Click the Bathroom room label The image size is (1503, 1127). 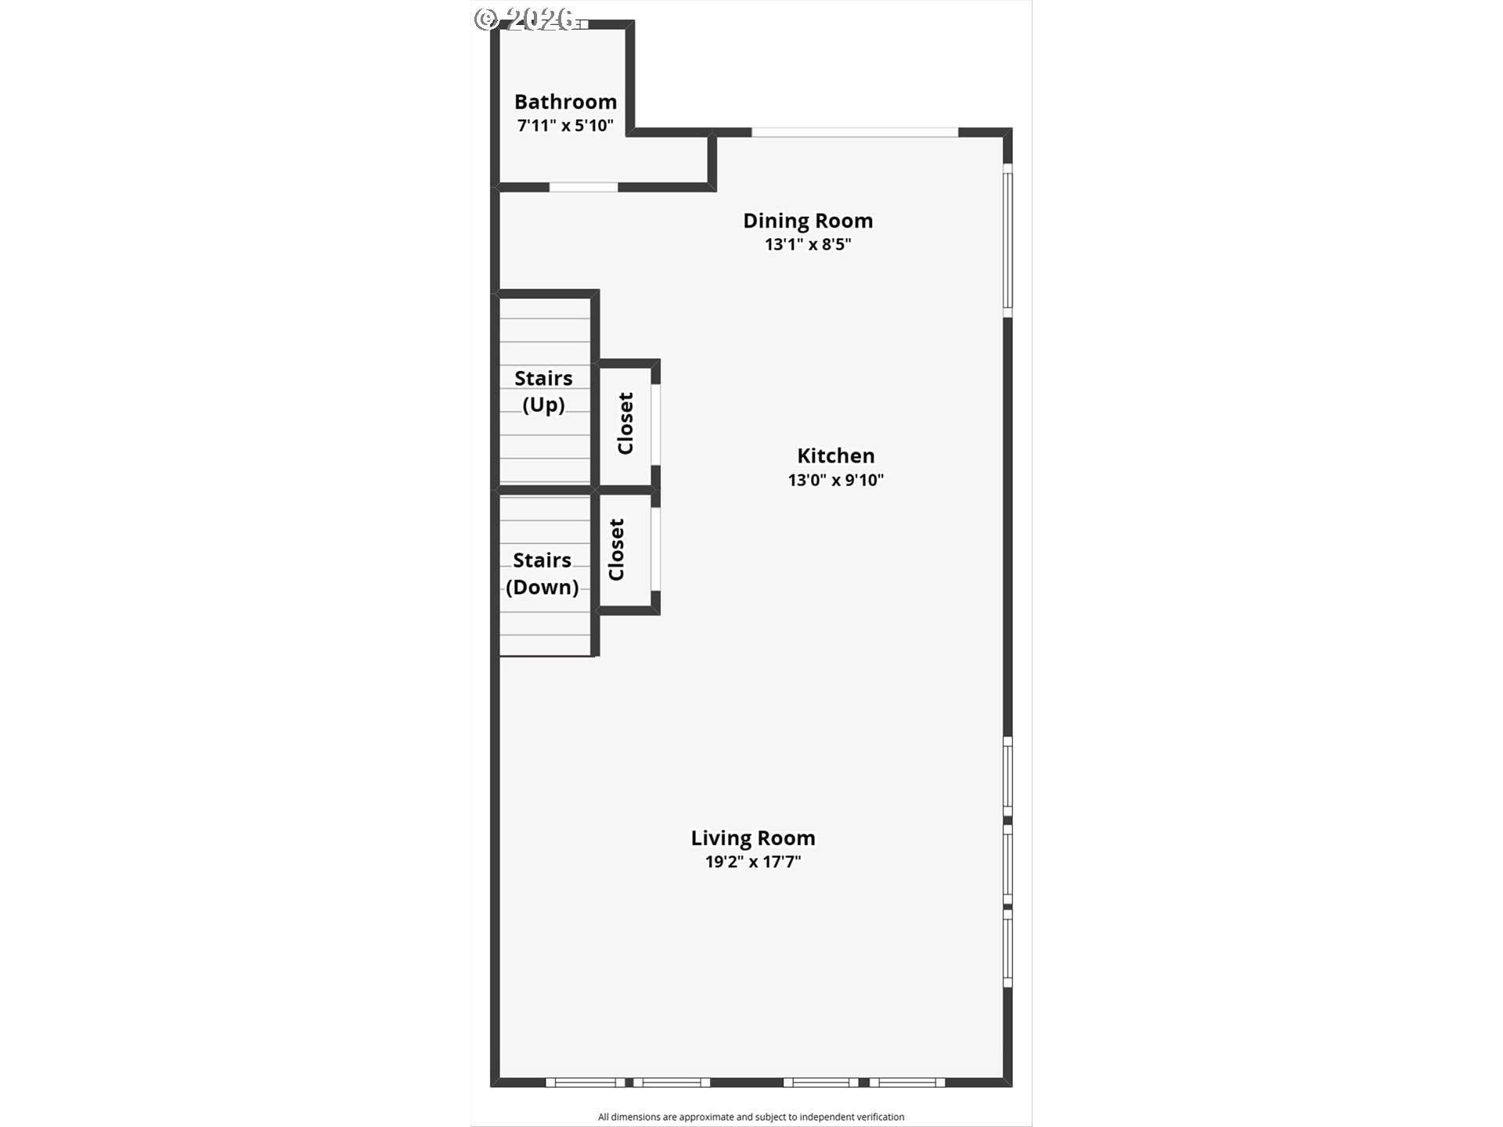565,102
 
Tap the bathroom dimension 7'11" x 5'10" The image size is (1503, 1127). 565,125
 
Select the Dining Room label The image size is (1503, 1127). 808,221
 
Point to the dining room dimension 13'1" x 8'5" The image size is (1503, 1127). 808,244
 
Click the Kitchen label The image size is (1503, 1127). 836,455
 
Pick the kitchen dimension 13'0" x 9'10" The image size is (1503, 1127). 836,480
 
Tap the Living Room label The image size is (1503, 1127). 753,838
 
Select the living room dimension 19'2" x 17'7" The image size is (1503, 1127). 753,862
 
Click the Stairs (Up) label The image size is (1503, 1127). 543,391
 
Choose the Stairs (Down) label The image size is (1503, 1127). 542,574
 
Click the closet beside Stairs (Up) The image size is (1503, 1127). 625,423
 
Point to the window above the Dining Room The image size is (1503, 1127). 855,132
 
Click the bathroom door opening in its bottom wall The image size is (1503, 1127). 583,187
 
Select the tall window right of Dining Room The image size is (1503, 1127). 1008,240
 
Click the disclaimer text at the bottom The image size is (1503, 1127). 751,1117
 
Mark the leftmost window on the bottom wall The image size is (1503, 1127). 586,1082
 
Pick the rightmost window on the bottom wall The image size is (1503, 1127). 907,1082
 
